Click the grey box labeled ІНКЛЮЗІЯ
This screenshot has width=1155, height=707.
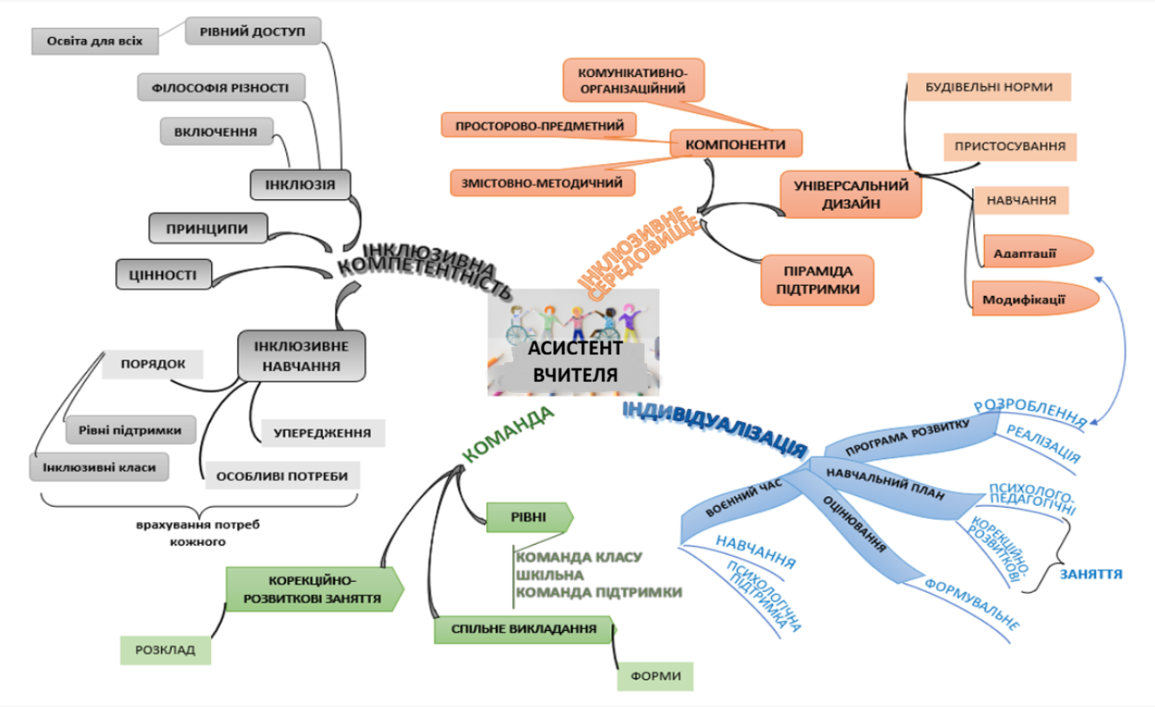click(301, 185)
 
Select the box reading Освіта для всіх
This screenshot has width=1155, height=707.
click(95, 42)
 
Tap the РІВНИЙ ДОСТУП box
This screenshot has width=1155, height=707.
click(253, 32)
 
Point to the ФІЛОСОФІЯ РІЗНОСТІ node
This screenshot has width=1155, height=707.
click(221, 88)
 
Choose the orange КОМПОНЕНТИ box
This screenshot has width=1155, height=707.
click(736, 144)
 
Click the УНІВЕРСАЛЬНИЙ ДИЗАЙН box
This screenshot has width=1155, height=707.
click(851, 195)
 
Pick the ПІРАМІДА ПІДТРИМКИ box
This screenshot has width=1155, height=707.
click(817, 280)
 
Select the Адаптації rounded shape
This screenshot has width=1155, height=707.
click(1038, 252)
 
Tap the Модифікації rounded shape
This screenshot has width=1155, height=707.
click(1035, 298)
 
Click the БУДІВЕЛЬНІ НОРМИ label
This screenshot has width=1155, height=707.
click(989, 87)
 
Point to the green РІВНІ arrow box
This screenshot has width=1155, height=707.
click(530, 517)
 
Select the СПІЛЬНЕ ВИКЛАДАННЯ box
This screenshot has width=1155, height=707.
click(524, 629)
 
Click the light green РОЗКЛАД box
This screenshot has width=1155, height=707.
click(166, 650)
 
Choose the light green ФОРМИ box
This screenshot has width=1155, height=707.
click(655, 676)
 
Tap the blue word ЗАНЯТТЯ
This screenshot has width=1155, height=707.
click(1091, 574)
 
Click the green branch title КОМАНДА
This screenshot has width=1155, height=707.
click(508, 435)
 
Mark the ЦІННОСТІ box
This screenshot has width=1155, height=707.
click(164, 274)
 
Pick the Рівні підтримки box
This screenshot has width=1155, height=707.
click(130, 430)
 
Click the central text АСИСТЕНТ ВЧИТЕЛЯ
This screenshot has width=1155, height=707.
click(575, 361)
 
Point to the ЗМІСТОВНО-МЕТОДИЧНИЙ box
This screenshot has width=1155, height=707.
click(542, 183)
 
